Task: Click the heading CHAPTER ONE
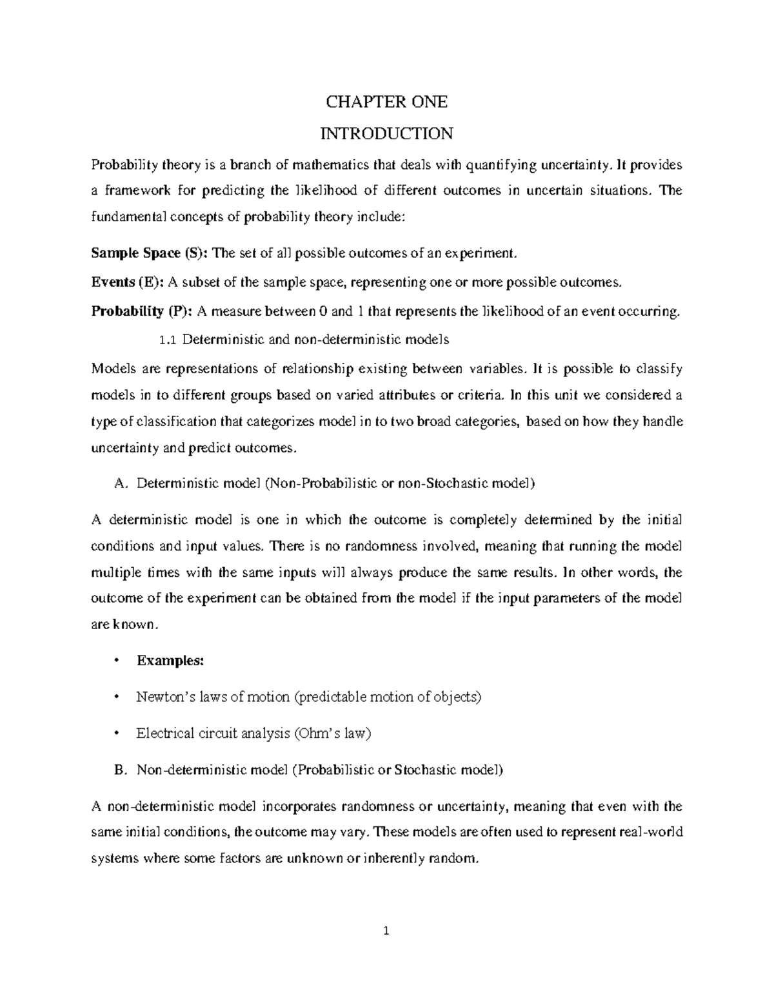(386, 102)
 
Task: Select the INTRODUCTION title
(386, 133)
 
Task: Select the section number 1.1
(166, 339)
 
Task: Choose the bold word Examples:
(170, 660)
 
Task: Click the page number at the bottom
(386, 931)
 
